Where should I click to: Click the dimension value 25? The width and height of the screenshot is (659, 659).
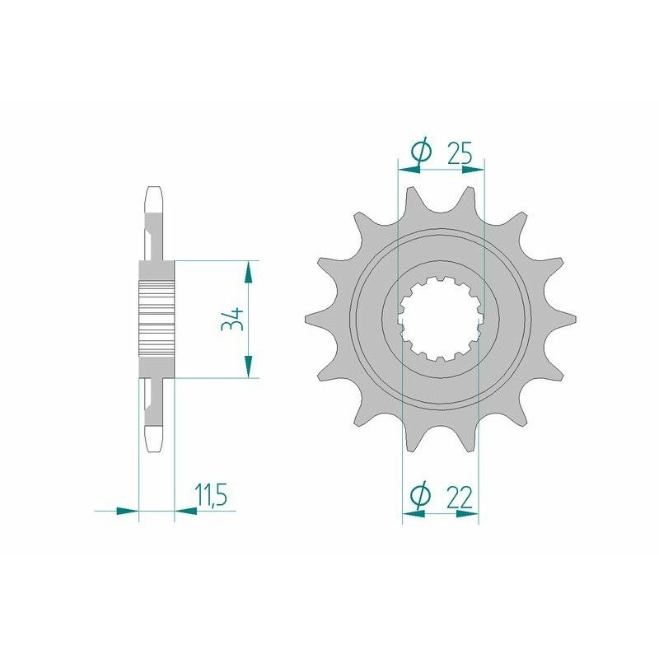[x=459, y=152]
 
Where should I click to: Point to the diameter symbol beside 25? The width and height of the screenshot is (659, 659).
[x=420, y=152]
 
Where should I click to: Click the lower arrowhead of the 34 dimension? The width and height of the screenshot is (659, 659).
[x=247, y=367]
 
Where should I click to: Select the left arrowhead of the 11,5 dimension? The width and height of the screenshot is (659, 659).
[x=128, y=511]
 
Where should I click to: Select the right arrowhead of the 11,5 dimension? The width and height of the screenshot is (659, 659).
[x=186, y=511]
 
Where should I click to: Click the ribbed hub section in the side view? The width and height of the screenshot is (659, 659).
[x=157, y=314]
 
